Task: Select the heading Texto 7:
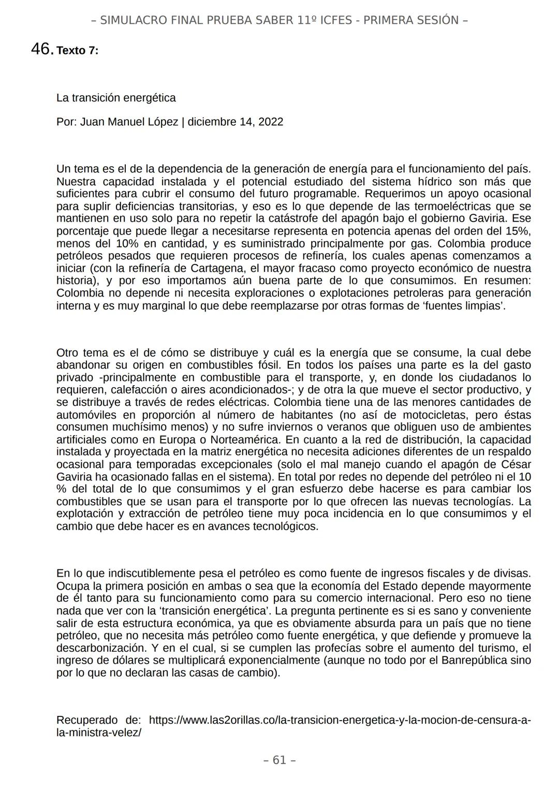tap(77, 51)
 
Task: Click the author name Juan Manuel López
tap(129, 122)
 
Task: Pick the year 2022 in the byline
tap(271, 122)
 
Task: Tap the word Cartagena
tap(219, 268)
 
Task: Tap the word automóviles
tap(86, 415)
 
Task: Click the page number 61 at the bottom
tap(279, 760)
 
